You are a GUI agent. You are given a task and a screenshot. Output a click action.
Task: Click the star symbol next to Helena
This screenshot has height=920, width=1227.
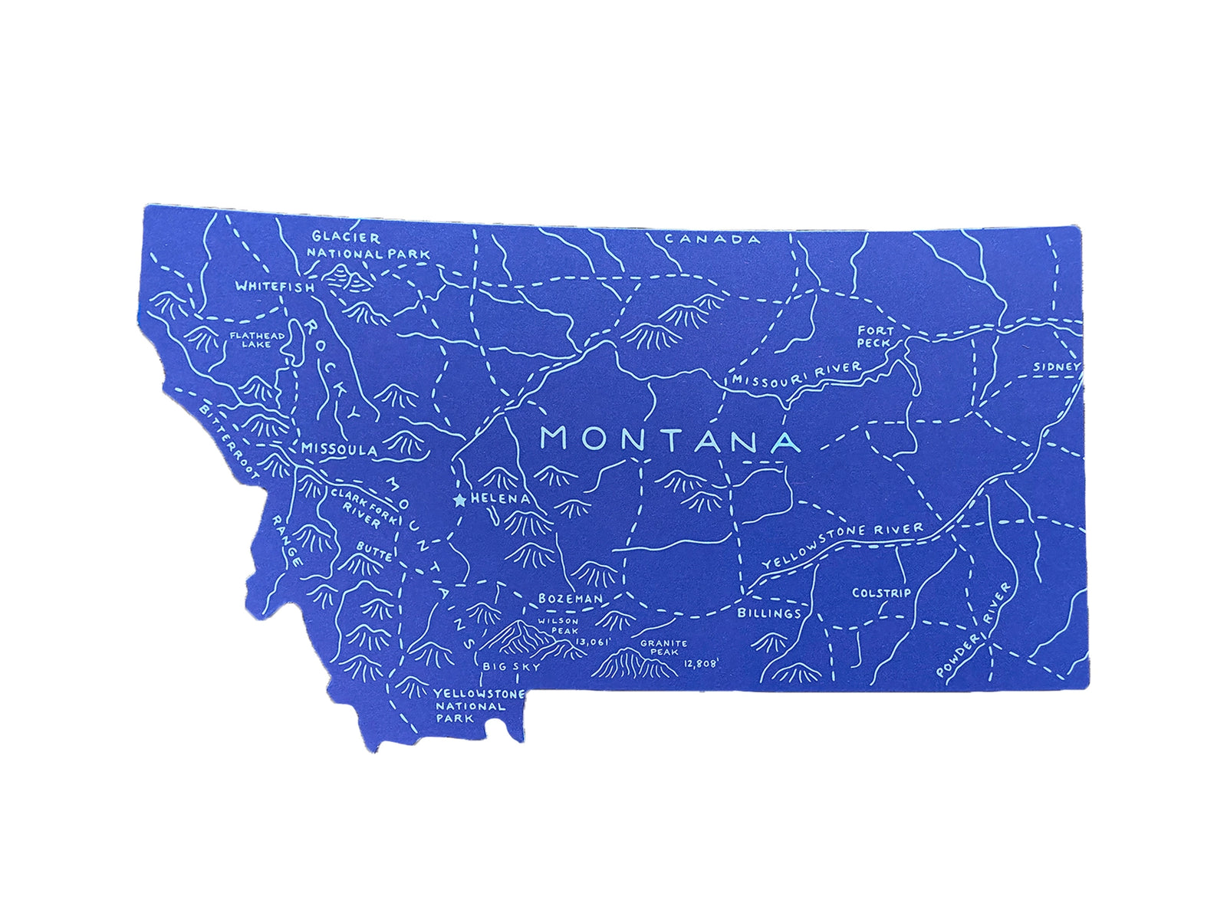[x=459, y=501]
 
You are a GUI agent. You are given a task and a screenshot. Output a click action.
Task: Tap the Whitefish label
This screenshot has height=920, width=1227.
[x=275, y=287]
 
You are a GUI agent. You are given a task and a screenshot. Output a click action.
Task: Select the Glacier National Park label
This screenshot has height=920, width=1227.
[x=368, y=245]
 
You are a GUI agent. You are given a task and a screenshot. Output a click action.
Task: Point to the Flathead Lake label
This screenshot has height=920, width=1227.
[x=257, y=340]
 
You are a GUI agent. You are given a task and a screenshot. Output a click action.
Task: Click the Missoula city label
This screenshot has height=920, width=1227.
[x=339, y=449]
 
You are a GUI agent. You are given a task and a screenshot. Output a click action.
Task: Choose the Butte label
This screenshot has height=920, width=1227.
[x=375, y=550]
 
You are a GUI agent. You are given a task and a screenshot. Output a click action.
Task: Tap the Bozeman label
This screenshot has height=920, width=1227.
[x=570, y=598]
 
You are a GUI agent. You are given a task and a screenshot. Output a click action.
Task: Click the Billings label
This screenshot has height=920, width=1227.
[x=769, y=613]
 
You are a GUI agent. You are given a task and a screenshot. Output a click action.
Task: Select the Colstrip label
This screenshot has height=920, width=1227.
[x=882, y=593]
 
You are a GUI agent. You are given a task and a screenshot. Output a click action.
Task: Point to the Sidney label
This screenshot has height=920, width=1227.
[x=1055, y=367]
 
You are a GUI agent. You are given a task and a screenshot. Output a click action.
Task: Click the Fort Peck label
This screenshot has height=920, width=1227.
[x=874, y=337]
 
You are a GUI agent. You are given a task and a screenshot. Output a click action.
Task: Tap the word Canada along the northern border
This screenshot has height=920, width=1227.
[x=713, y=239]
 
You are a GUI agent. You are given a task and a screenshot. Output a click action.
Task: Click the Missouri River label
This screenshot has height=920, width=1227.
[x=796, y=374]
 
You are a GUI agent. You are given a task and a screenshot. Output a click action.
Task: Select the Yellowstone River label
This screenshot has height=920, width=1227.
[x=842, y=546]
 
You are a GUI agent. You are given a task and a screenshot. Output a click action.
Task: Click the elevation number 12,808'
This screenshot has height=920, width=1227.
[x=701, y=664]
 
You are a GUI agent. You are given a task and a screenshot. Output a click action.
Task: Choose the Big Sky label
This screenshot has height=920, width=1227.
[x=512, y=667]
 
